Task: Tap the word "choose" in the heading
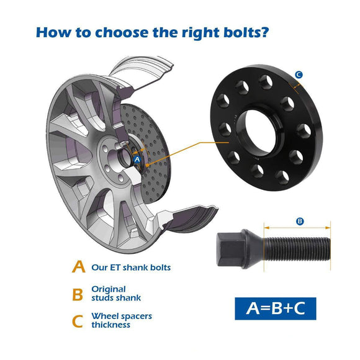pos(122,32)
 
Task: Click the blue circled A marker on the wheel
pos(137,160)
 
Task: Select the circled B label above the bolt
pos(300,222)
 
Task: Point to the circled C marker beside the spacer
pos(299,74)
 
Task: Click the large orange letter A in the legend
pos(79,266)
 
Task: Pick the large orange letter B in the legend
pos(78,295)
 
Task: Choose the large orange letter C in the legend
pos(78,322)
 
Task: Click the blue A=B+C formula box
pos(276,308)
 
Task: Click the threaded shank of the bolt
pos(297,250)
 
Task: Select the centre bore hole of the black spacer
pos(260,132)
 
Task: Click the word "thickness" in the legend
pos(110,325)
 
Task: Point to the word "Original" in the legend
pos(109,289)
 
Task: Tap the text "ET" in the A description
pos(115,268)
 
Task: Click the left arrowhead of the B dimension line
pos(266,228)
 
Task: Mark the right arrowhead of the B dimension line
pos(328,228)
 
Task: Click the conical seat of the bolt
pos(253,249)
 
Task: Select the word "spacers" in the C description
pos(137,317)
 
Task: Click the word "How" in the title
pos(53,32)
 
